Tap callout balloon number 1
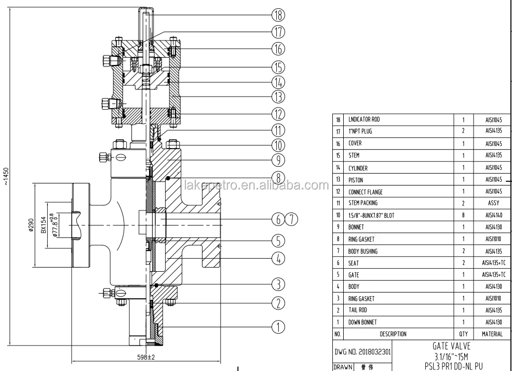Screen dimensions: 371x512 tap(279, 327)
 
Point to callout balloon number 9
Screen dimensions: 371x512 tap(279, 159)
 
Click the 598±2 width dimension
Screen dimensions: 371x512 tap(146, 357)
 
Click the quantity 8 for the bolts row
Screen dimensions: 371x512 tap(463, 215)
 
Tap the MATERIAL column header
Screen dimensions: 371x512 tap(492, 334)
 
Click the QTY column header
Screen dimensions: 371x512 tap(463, 334)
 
